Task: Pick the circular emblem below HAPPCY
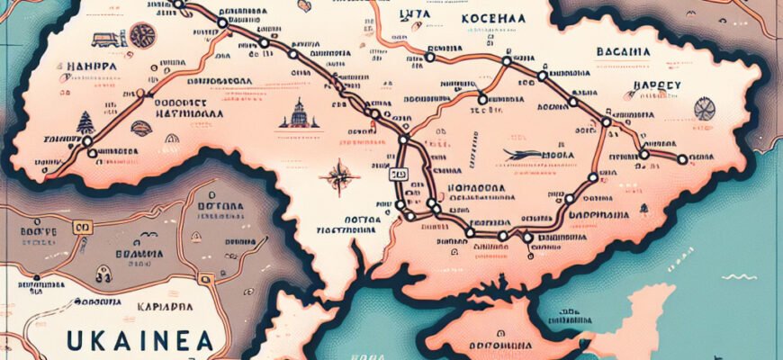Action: pyautogui.click(x=705, y=109)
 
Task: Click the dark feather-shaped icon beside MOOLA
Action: pyautogui.click(x=522, y=155)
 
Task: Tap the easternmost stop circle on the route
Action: pyautogui.click(x=682, y=159)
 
